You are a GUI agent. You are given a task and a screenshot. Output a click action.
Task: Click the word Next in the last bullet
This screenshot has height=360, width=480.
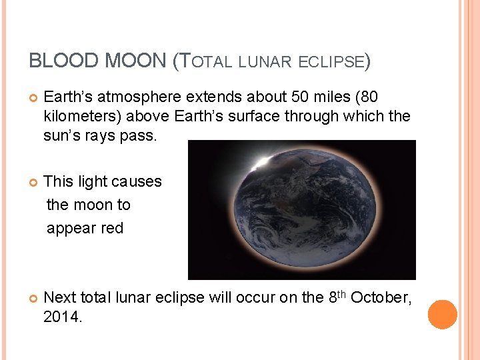(60, 297)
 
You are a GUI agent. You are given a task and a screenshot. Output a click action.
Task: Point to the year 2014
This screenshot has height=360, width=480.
(61, 317)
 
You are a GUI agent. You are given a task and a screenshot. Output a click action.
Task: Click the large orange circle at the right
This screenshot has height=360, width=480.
(443, 315)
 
